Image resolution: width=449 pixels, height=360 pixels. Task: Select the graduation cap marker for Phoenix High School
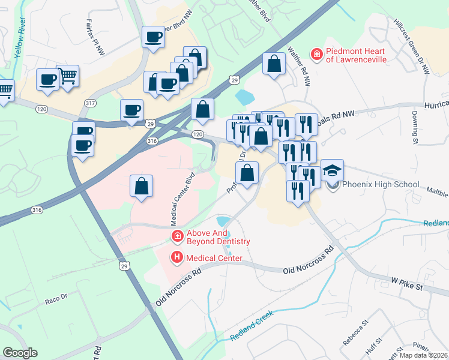click(x=333, y=170)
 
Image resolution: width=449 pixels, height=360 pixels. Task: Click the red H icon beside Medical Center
click(x=177, y=258)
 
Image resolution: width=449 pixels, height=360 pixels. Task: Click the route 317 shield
click(x=91, y=103)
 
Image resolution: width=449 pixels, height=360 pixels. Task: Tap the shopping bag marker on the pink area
click(x=141, y=186)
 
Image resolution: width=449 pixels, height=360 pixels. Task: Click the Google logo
click(x=20, y=353)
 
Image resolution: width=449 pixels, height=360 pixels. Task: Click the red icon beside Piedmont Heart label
click(x=316, y=55)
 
